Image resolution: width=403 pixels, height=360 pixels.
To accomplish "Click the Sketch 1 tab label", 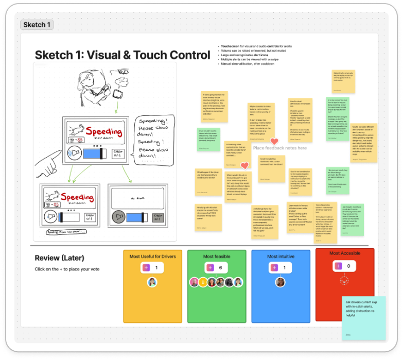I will (x=37, y=25).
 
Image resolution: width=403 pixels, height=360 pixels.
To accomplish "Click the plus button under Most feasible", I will (x=210, y=268).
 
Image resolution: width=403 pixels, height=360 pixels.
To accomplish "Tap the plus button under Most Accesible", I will (x=338, y=266).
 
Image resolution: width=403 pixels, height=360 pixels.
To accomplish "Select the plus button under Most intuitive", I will (x=274, y=268).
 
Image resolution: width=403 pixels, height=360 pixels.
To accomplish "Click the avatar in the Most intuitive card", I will (x=281, y=282).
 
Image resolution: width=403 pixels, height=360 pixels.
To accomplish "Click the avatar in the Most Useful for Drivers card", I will (x=152, y=282).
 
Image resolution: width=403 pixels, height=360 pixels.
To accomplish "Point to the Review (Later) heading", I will (x=59, y=258).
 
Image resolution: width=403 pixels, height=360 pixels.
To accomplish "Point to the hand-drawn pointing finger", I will (x=51, y=164).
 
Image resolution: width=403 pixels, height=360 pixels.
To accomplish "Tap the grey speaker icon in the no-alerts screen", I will (x=119, y=217).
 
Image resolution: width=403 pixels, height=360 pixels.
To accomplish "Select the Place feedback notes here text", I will (x=279, y=148).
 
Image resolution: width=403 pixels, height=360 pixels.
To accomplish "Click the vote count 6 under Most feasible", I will (x=220, y=268).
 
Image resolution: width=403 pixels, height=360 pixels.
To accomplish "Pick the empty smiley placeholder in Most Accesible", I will (x=343, y=281).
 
